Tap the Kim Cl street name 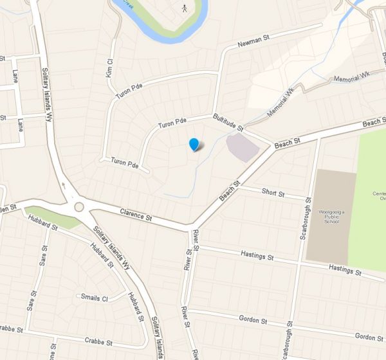click(x=110, y=67)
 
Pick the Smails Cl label click(x=93, y=297)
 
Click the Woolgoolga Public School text click(x=331, y=215)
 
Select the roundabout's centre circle click(x=80, y=207)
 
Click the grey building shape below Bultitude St click(x=242, y=147)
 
